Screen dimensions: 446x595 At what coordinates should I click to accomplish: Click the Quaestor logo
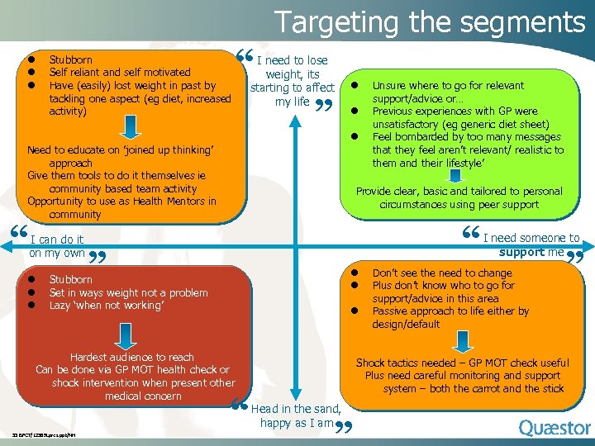tap(555, 428)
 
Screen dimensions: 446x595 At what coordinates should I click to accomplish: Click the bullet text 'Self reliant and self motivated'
tap(120, 73)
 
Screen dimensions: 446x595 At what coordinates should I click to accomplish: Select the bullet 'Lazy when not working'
tap(107, 306)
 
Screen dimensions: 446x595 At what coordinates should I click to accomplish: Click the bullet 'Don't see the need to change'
tap(442, 273)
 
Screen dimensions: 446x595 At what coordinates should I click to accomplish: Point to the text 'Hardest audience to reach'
tap(132, 357)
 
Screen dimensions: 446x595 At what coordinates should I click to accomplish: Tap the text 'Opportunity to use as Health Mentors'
tap(121, 202)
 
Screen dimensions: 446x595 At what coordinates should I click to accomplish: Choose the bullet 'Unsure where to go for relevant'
tap(448, 85)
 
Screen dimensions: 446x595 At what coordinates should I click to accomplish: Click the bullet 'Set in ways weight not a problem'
tap(128, 292)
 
